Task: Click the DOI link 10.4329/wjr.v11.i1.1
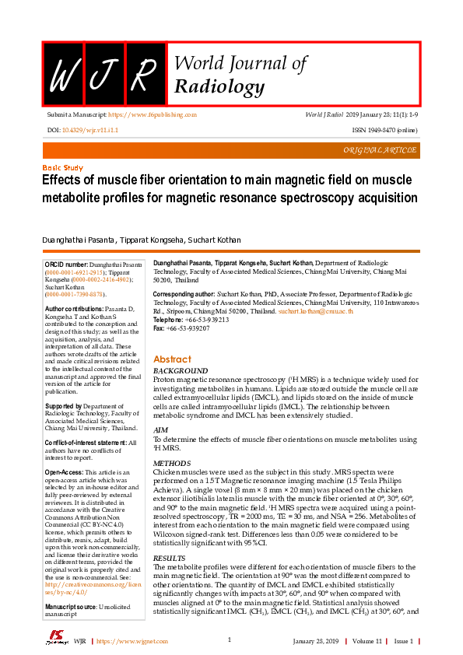tap(89, 131)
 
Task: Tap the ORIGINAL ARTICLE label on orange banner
tap(380, 150)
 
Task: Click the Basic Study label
tap(62, 168)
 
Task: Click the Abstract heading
tap(172, 359)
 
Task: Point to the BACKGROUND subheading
tap(181, 370)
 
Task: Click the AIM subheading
tap(160, 429)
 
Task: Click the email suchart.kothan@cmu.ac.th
tap(316, 311)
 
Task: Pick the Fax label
tap(160, 328)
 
